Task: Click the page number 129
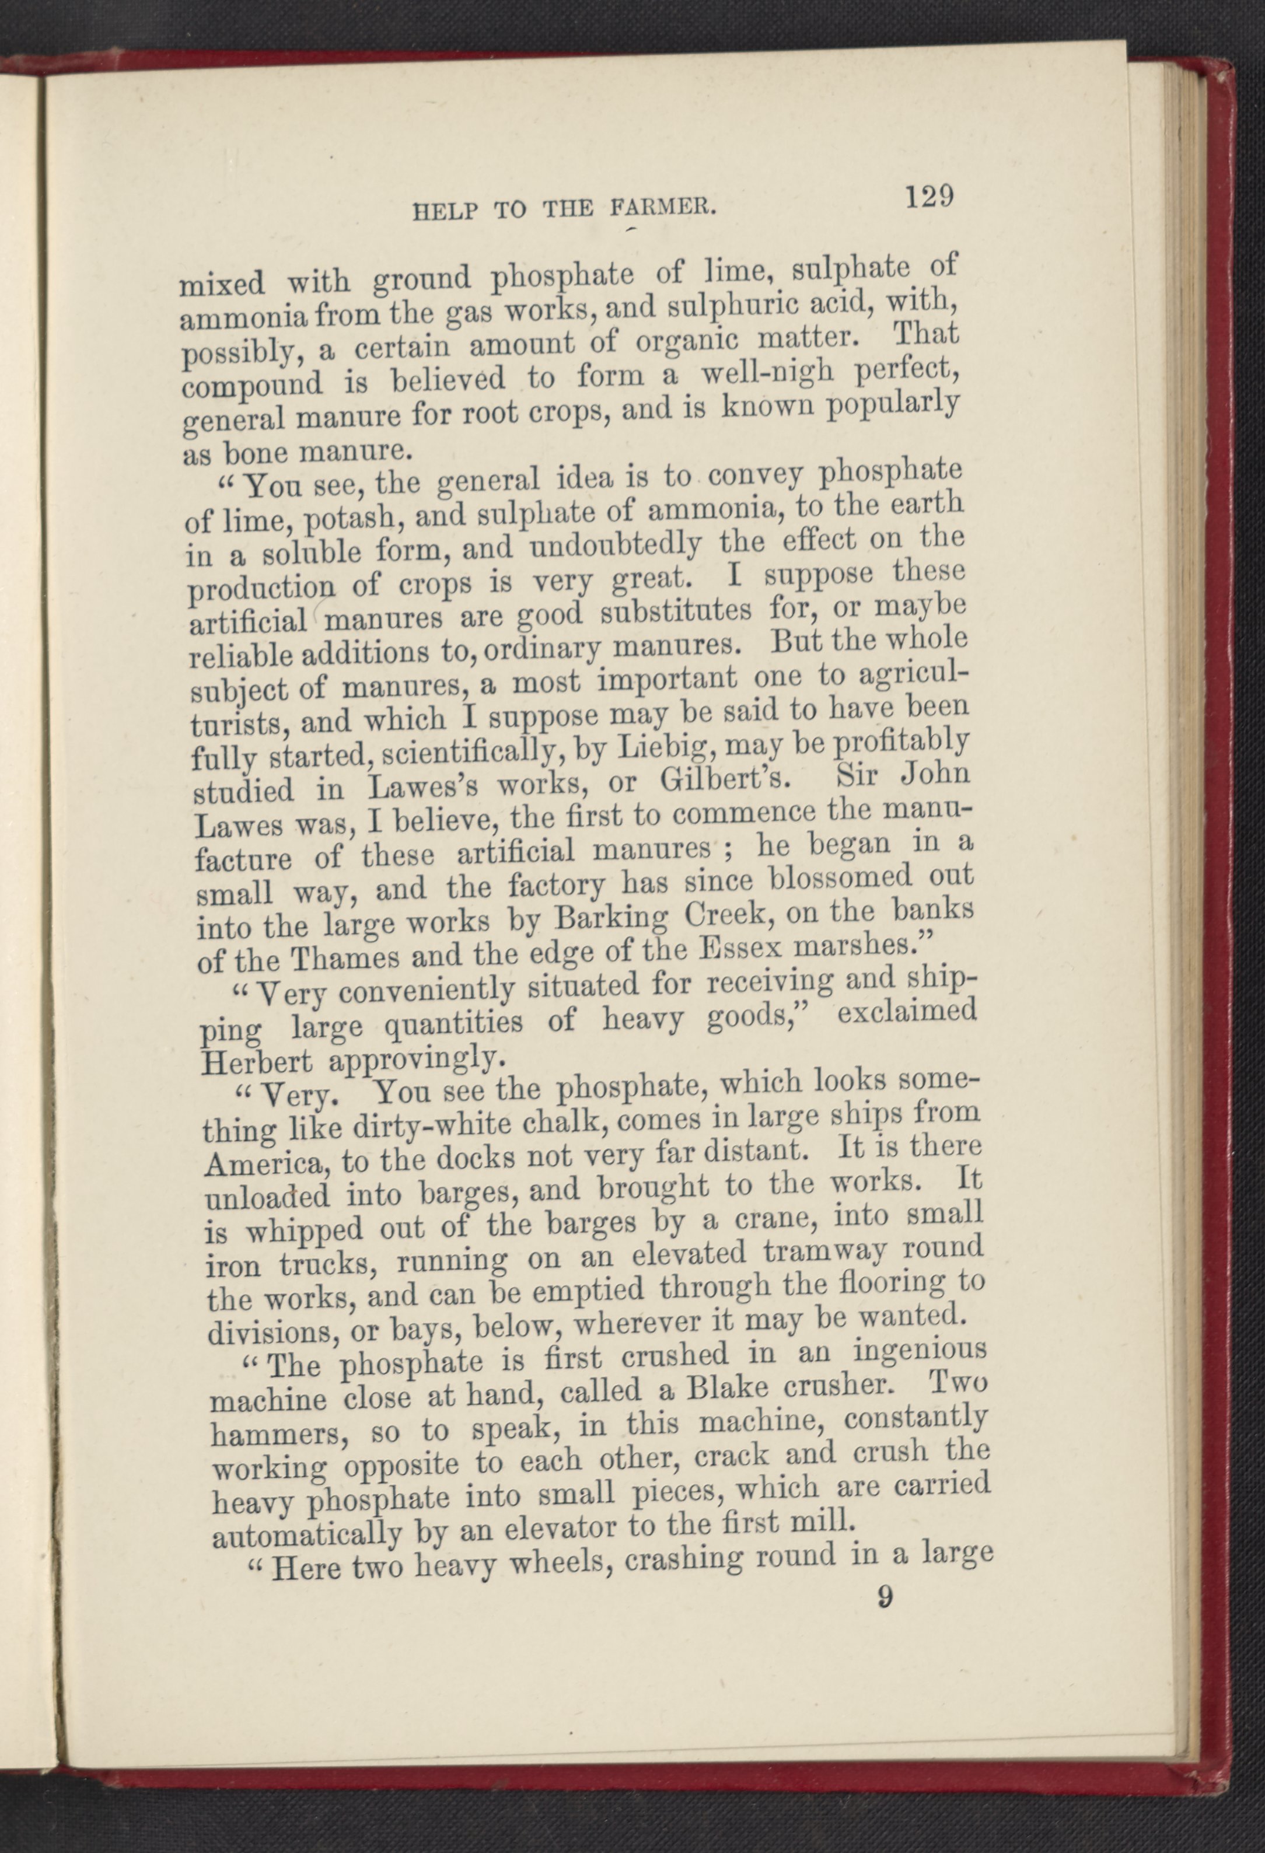pos(929,195)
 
